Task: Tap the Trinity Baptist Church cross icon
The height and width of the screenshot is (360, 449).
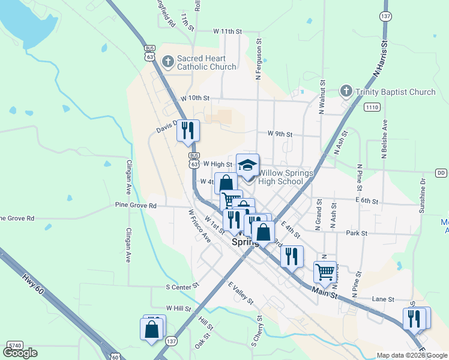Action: coord(346,91)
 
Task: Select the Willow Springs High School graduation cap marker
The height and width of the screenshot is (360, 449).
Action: coord(247,164)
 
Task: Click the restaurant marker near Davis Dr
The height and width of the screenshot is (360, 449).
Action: coord(188,130)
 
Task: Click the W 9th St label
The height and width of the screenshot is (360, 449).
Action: coord(280,134)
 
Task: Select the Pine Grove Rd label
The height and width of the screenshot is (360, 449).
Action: coord(136,205)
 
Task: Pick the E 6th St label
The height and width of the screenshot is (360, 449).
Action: coord(366,201)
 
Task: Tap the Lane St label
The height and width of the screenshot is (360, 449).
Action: coord(382,299)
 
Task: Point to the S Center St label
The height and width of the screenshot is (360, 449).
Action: coord(182,287)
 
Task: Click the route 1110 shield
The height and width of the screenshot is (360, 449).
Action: coord(372,107)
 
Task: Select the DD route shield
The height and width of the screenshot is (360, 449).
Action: coord(441,173)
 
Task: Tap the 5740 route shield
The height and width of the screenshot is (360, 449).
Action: coord(14,346)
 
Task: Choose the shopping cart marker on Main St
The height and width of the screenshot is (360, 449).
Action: coord(325,271)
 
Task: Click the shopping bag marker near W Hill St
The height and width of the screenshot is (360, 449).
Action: coord(151,328)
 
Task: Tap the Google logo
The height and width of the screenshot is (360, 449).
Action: coord(20,353)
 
